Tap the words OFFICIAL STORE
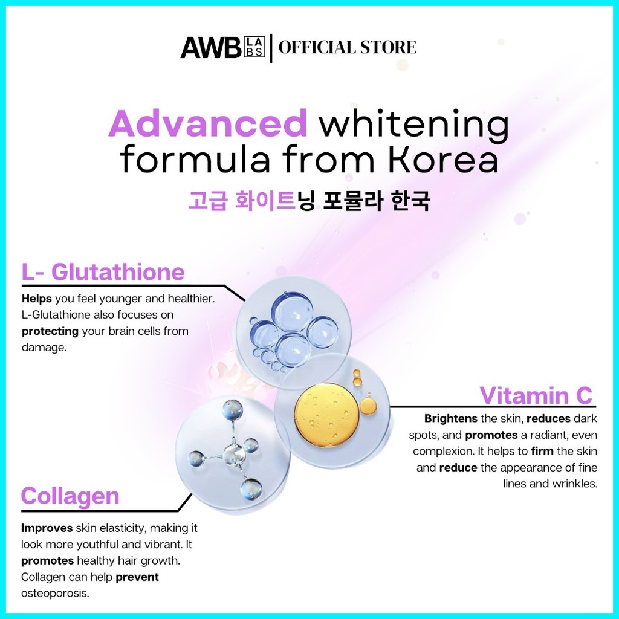pos(347,48)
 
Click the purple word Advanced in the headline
pos(208,125)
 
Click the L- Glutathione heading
pos(103,273)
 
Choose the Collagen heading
pos(70,496)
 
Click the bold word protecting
pos(50,331)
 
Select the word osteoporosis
pos(55,593)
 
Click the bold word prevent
pos(137,577)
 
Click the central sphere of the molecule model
pos(233,453)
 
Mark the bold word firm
pos(543,451)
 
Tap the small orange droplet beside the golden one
pos(368,406)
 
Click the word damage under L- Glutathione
pos(43,348)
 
